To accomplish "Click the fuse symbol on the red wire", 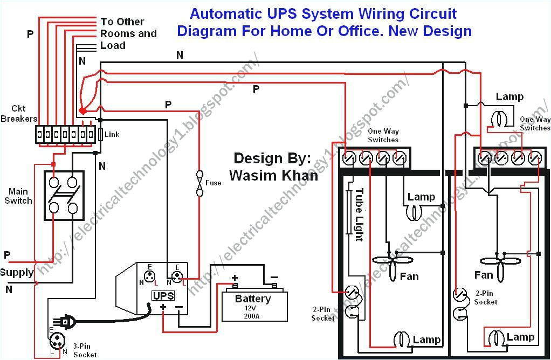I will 199,183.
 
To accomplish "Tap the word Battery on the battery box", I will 253,299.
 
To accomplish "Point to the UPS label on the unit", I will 163,295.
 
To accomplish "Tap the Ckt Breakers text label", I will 19,114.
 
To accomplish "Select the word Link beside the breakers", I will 112,134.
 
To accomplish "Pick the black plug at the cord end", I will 67,322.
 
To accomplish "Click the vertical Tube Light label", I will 359,214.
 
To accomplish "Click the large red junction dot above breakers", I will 82,111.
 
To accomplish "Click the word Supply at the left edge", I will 17,273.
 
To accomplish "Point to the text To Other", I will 122,22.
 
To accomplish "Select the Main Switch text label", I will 18,196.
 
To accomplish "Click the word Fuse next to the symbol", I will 213,183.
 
